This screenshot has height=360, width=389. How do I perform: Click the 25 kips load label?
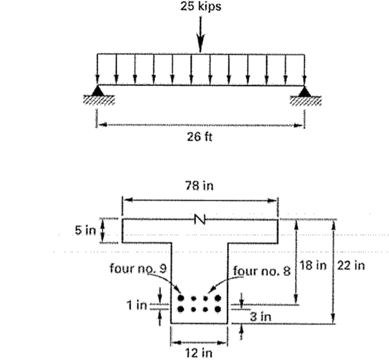[201, 7]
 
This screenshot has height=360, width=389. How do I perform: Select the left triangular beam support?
[98, 91]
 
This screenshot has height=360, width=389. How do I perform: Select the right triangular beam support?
[304, 92]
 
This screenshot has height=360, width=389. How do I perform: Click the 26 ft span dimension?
[200, 137]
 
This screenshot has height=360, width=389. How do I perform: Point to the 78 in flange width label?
[200, 187]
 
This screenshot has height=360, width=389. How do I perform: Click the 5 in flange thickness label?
[85, 231]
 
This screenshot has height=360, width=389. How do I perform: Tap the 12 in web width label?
[200, 352]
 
